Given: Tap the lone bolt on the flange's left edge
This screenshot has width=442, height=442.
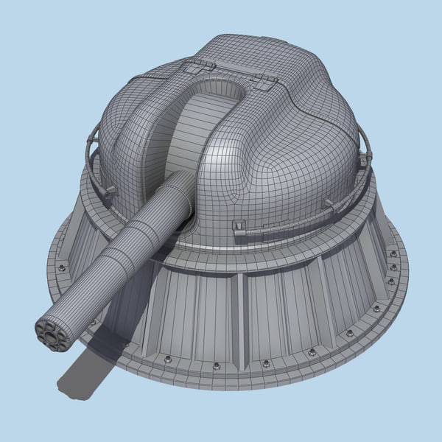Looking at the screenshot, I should pyautogui.click(x=62, y=267).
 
